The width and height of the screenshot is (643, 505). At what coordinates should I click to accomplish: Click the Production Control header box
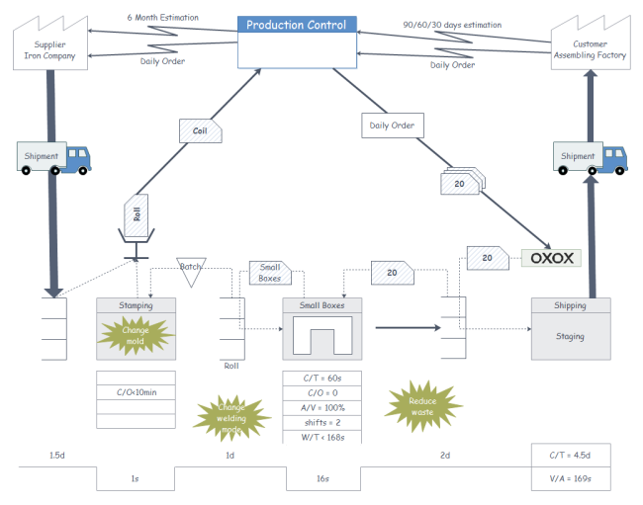tap(297, 25)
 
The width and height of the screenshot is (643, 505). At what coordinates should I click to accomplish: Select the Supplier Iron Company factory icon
tap(48, 45)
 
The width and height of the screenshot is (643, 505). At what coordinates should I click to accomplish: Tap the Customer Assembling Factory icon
tap(592, 45)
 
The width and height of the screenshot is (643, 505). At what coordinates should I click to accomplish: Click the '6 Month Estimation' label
tap(162, 18)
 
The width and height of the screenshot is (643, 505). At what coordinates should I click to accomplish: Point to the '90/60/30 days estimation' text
tap(452, 25)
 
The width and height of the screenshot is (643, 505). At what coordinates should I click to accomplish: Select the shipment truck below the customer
tap(591, 157)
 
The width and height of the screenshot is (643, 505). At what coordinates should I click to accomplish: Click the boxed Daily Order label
tap(393, 126)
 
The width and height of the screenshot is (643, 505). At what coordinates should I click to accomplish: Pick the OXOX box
tap(550, 258)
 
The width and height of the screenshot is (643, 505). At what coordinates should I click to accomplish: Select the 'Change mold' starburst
tap(136, 336)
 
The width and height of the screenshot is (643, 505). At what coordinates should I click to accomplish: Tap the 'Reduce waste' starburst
tap(423, 405)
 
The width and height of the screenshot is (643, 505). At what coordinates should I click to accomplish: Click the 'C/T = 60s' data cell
tap(321, 378)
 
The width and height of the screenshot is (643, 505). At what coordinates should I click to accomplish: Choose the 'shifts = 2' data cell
tap(321, 422)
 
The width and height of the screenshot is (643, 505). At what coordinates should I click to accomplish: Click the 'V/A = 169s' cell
tap(570, 479)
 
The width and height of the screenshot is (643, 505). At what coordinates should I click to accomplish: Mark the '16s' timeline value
tap(321, 478)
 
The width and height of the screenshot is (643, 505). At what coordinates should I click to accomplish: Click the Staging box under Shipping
tap(570, 336)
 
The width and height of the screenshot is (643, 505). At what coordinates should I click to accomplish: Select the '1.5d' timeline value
tap(57, 456)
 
